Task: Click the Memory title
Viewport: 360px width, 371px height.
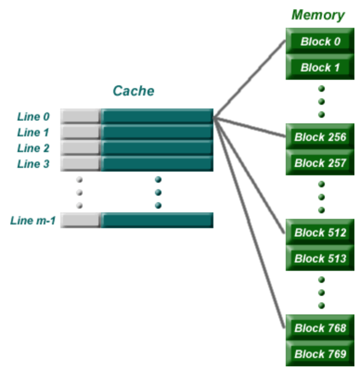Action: [x=318, y=15]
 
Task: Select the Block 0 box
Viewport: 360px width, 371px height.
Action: [x=320, y=41]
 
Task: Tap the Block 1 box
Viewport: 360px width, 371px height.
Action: [x=320, y=67]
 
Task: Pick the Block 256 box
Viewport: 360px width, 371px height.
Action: [x=320, y=137]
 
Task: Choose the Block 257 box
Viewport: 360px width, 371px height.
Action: [x=320, y=163]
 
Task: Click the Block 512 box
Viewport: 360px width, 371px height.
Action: [x=320, y=232]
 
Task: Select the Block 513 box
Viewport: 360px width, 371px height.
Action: [x=320, y=258]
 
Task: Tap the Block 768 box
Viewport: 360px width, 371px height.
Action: [x=320, y=328]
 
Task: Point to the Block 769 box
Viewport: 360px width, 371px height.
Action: [x=320, y=354]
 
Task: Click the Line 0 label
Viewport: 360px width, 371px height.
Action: [x=33, y=117]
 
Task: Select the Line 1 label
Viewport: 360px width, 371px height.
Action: [x=33, y=133]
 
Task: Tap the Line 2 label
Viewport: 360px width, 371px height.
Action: [x=33, y=148]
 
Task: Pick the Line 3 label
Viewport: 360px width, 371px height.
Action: [x=33, y=164]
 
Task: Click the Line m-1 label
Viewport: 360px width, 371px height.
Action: [x=32, y=221]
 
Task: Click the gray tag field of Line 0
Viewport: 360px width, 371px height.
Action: [x=80, y=116]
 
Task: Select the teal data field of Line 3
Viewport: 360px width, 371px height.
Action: [x=157, y=164]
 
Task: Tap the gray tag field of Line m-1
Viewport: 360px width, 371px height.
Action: [x=80, y=220]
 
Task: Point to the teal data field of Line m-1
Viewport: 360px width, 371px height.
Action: [x=157, y=220]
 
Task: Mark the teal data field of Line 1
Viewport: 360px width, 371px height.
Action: [x=157, y=132]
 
